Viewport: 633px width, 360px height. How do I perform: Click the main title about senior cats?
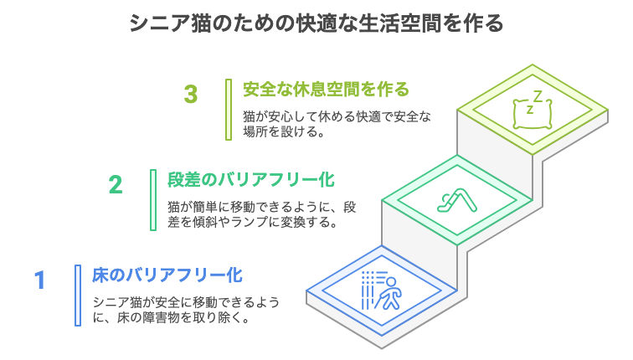(316, 23)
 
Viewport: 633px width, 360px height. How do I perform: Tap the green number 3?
(191, 94)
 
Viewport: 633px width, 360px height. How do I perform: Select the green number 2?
(116, 185)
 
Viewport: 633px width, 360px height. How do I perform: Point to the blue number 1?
(39, 280)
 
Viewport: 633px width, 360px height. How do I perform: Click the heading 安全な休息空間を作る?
(326, 90)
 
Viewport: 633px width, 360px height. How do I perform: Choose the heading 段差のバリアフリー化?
(251, 180)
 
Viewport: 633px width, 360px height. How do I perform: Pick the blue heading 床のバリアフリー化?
(167, 275)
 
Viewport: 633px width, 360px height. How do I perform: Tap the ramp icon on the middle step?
(457, 201)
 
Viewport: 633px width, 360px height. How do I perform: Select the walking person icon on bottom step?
(382, 291)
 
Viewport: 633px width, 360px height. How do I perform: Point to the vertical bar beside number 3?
(229, 110)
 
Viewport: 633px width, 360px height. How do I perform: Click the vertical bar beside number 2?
(153, 200)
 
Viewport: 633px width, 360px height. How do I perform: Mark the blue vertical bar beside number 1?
(78, 296)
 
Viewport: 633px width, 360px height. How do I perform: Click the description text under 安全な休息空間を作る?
(337, 124)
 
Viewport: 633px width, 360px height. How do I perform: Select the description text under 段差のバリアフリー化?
(261, 214)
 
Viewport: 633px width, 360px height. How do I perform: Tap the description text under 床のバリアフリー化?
(186, 310)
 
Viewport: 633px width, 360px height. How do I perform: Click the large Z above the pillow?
(538, 96)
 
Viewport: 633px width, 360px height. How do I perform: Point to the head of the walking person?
(391, 281)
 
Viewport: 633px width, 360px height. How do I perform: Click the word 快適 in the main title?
(316, 23)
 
